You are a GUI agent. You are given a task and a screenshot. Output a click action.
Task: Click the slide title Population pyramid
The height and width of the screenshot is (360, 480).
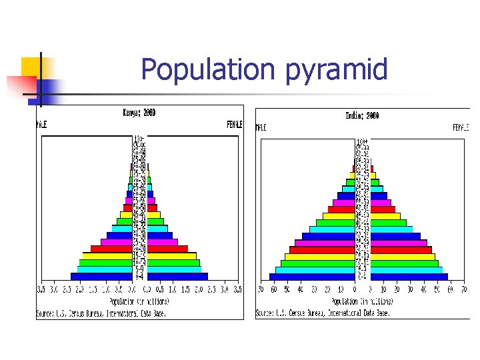[264, 69]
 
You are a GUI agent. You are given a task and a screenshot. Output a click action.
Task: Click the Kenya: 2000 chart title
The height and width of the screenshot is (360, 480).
[139, 113]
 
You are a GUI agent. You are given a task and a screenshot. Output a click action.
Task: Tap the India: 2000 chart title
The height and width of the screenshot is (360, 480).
[363, 115]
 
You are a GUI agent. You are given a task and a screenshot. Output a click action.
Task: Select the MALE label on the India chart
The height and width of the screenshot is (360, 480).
[261, 127]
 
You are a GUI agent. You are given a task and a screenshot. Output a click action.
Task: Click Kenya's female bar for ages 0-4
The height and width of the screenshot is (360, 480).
[177, 276]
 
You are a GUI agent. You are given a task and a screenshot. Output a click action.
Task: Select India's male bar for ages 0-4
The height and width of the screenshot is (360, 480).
[311, 277]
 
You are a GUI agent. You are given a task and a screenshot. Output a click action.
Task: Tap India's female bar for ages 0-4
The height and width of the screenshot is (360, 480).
[409, 277]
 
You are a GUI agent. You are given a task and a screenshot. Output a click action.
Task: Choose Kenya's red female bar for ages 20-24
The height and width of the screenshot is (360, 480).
[167, 249]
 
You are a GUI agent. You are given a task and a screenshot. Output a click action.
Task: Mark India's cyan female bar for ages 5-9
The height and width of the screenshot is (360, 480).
[407, 270]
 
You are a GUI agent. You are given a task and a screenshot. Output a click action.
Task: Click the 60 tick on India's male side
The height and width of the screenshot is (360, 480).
[274, 289]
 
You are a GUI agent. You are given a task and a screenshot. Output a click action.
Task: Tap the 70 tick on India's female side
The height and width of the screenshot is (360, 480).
[463, 289]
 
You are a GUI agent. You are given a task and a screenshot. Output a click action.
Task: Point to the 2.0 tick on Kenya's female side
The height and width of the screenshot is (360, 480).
[198, 290]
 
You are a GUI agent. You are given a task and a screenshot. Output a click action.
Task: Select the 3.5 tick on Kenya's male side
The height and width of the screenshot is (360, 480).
[41, 290]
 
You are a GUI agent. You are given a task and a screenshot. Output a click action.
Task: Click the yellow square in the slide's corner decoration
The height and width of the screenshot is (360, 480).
[31, 67]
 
